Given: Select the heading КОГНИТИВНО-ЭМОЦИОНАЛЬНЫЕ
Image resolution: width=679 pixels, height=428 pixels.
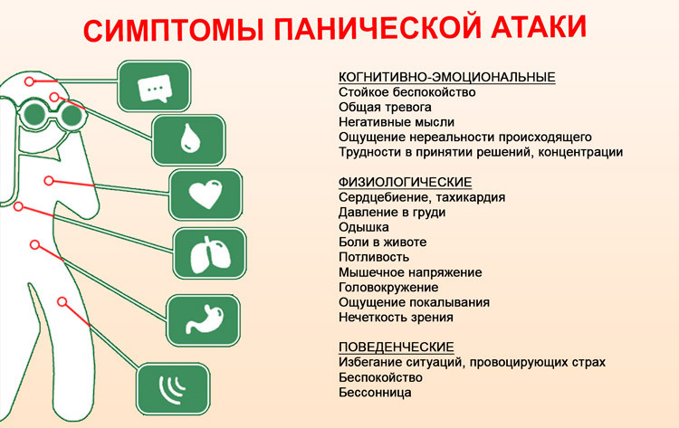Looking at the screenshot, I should pyautogui.click(x=446, y=77).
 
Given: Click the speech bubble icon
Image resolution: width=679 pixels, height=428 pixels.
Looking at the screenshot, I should pyautogui.click(x=155, y=88).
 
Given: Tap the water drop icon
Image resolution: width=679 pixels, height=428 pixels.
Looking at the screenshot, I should pyautogui.click(x=188, y=140).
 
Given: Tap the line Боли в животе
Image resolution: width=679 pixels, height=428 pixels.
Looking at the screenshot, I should pyautogui.click(x=381, y=243).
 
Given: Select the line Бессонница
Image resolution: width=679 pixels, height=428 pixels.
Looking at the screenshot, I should pyautogui.click(x=375, y=393).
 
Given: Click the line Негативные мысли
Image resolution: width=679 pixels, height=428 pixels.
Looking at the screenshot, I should pyautogui.click(x=396, y=121).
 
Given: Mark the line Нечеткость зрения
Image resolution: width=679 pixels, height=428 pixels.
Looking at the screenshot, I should pyautogui.click(x=396, y=318).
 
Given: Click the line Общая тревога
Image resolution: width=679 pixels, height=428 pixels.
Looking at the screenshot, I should pyautogui.click(x=383, y=107).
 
